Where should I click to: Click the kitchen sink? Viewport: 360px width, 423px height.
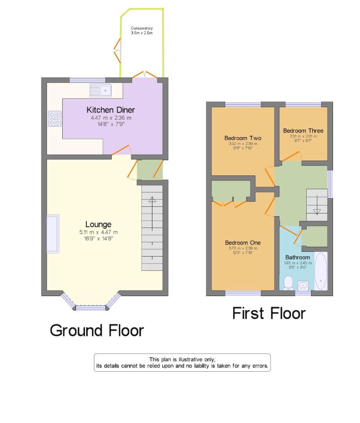coord(101,90)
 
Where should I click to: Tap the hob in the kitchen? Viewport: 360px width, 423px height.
coord(55,119)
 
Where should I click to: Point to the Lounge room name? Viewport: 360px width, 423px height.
coord(98,224)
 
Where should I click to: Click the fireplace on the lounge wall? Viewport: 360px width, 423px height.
coord(52,233)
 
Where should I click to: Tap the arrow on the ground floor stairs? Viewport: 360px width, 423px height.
coord(152,199)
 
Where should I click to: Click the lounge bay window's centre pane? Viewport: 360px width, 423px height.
coord(90,308)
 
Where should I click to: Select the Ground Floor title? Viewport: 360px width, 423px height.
coord(97,331)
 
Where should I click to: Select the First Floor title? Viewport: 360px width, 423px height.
coord(269,313)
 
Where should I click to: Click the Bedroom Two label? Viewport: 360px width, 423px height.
coord(243,138)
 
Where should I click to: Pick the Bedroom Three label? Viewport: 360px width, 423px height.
coord(303,130)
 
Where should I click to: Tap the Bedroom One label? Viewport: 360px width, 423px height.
coord(243,243)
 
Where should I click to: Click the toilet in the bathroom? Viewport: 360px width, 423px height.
coord(289,282)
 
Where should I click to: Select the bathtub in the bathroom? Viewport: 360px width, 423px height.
coord(320,271)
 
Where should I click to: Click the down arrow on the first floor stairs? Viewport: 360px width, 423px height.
coord(317,211)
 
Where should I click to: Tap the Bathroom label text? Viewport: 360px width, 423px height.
coord(297,257)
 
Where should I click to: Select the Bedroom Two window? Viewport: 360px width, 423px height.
coord(243,104)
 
